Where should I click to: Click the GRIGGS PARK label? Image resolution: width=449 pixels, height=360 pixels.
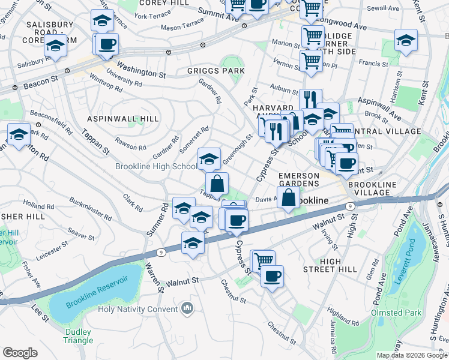(x=215, y=71)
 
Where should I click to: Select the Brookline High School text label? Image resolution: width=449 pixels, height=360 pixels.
(x=156, y=167)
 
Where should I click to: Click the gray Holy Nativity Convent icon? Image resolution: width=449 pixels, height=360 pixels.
(x=187, y=308)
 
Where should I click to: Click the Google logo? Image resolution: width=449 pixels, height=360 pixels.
(x=20, y=353)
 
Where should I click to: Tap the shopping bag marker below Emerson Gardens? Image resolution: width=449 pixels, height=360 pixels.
(x=288, y=197)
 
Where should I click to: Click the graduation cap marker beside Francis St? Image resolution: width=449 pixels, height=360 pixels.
(x=406, y=40)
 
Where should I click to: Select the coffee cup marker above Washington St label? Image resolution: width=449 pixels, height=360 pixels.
(x=107, y=44)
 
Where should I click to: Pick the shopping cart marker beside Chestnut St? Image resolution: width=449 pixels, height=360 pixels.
(x=262, y=260)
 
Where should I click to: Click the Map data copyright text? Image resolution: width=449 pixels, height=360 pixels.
(x=411, y=355)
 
